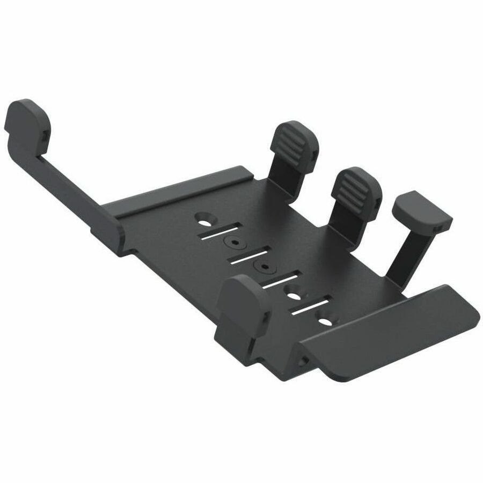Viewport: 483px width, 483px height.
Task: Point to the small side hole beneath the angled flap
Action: coord(304,360)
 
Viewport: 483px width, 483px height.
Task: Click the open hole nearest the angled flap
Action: coord(325,321)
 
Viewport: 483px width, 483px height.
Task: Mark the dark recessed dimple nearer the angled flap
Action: coord(263,267)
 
